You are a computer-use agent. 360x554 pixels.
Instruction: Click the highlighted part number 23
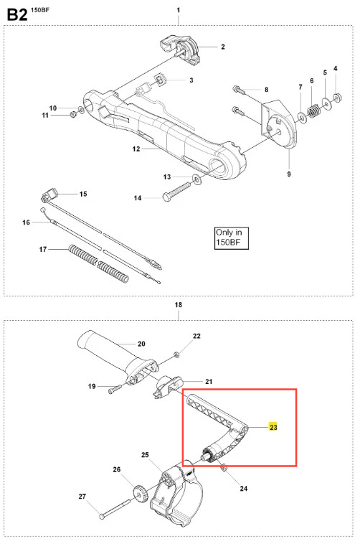tap(273, 427)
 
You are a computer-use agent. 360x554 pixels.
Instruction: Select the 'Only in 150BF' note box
tap(232, 238)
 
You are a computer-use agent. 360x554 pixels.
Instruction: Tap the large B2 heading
tap(17, 15)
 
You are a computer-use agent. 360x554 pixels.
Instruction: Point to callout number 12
tap(136, 149)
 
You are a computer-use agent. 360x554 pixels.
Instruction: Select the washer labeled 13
tap(196, 179)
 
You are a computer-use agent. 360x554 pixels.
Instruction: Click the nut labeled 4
tap(337, 96)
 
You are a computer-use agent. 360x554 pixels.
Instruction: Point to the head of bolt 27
tap(102, 517)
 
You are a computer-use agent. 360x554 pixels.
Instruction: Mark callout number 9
tap(289, 174)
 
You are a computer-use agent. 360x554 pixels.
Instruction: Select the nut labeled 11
tap(74, 114)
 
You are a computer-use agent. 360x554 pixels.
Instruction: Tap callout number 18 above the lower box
tap(179, 304)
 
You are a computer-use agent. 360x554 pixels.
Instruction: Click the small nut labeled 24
tap(223, 468)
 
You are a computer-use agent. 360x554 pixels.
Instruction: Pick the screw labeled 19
tap(115, 389)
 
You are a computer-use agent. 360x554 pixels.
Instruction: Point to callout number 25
tap(145, 455)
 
